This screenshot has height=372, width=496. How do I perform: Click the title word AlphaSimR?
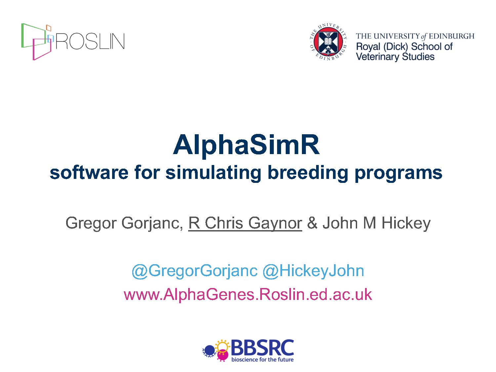coord(246,145)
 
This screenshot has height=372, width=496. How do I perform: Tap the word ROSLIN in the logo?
coord(90,41)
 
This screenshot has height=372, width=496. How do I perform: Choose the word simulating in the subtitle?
coord(213,173)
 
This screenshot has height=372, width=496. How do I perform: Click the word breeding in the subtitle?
coord(308,173)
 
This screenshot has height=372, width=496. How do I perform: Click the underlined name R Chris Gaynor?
coord(245,223)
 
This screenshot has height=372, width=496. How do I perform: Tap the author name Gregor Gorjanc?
coord(124,223)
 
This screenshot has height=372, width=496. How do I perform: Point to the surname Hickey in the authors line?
coord(406,223)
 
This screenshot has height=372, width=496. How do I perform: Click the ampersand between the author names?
coord(312,223)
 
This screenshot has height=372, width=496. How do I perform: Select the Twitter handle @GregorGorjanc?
coord(194,271)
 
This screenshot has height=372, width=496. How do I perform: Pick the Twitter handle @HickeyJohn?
coord(313,271)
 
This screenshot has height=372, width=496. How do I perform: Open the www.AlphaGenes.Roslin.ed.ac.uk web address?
coord(248,295)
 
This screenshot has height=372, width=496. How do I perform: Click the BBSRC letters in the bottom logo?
coord(262,348)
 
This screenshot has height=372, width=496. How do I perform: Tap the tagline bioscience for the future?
coord(262,359)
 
